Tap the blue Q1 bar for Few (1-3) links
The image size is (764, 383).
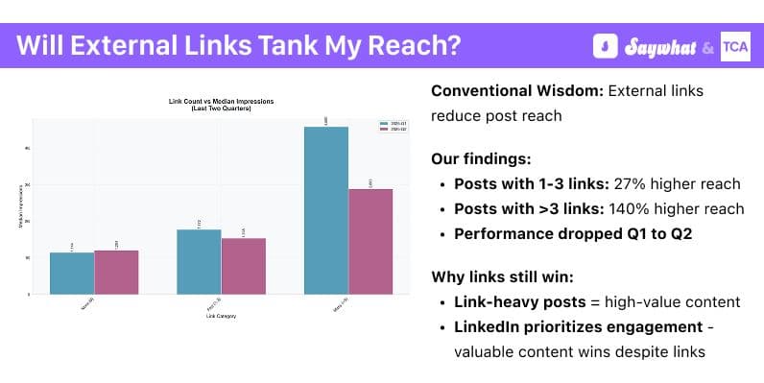[x=199, y=261]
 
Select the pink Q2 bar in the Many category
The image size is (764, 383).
[x=370, y=241]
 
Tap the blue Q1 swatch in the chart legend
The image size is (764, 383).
[x=382, y=123]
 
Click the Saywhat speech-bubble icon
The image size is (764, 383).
[x=605, y=46]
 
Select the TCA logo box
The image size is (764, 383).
[x=734, y=46]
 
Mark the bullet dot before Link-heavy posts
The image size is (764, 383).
[x=442, y=302]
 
